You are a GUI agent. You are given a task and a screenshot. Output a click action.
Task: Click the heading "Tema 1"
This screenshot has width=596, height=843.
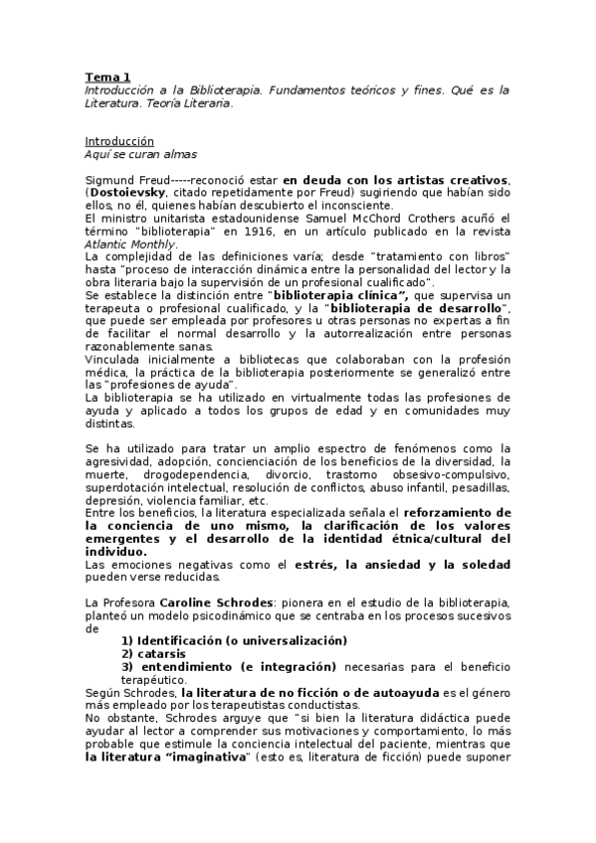[x=106, y=77]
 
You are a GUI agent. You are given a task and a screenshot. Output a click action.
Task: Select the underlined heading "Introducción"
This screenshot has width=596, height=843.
[x=119, y=141]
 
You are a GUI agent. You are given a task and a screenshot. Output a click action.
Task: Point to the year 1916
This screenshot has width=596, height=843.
[x=230, y=232]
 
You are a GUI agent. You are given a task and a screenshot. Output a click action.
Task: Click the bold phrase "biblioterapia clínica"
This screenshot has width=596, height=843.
[x=339, y=296]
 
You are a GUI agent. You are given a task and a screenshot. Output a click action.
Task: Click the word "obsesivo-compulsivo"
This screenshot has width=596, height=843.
[x=454, y=475]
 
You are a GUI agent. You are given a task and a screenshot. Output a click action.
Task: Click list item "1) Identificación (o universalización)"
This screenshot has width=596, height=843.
[x=234, y=639]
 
